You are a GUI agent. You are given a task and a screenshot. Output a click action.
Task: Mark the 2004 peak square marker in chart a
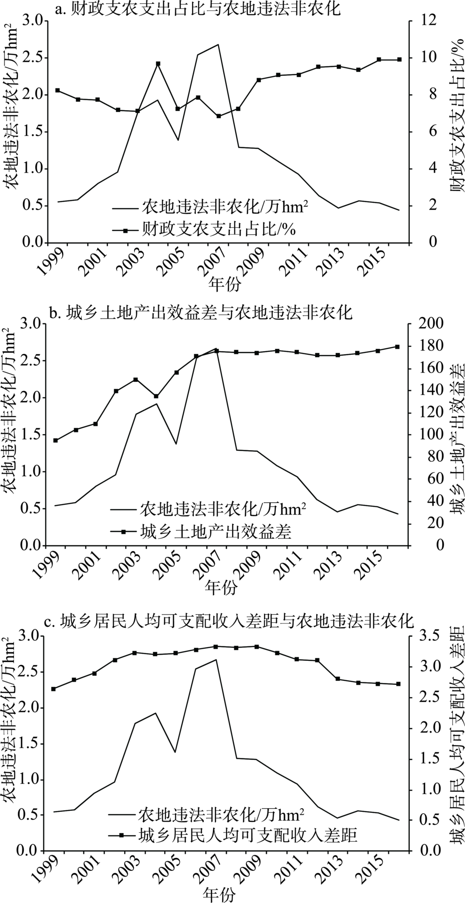click(x=158, y=64)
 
